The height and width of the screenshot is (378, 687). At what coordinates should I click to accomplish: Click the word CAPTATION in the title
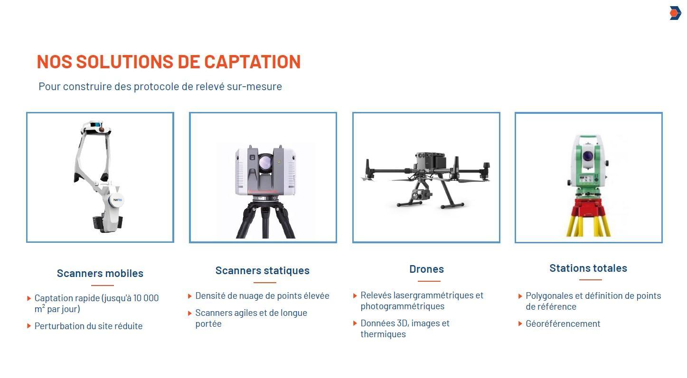coord(252,62)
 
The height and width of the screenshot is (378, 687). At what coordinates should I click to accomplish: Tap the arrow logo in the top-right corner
coord(675,13)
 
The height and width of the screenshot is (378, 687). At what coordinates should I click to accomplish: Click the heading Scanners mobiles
coord(100,273)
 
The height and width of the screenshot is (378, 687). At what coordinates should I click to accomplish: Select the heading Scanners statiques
coord(262,270)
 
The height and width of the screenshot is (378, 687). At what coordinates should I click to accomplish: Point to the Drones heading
coord(427,269)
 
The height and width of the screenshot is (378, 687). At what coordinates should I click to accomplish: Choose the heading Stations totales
coord(588,268)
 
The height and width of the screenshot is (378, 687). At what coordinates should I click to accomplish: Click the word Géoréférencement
coord(563,323)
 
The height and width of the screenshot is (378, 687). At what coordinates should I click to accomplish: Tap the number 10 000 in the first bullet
coord(146,298)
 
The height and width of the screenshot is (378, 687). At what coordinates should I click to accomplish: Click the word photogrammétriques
coord(403,306)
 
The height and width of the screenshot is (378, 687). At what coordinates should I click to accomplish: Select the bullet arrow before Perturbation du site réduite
coord(29,326)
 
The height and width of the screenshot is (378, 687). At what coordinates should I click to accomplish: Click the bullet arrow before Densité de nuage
coord(190,296)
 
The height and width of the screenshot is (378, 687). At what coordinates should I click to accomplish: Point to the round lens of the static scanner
coord(265,162)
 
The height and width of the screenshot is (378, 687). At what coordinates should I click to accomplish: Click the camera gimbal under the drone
coord(421,195)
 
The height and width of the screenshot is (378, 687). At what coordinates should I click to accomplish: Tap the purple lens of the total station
coord(588,156)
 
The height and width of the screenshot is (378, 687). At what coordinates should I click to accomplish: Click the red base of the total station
coord(588,208)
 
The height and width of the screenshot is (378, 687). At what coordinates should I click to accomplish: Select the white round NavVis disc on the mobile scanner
coord(117,200)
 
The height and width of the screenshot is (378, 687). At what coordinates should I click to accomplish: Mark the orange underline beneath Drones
coord(429,281)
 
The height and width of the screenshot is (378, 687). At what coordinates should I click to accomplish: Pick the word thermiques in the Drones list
coord(383,334)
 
